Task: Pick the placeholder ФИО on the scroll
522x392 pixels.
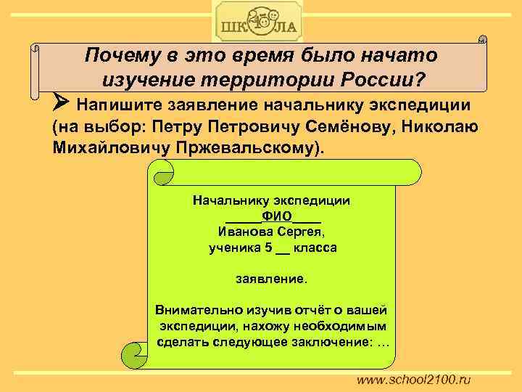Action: (x=276, y=216)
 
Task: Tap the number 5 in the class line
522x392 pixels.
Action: (x=268, y=248)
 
